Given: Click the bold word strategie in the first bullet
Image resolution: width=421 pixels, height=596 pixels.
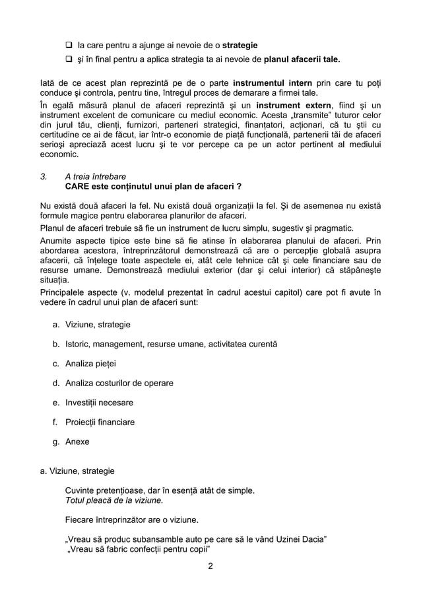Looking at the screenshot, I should (240, 46).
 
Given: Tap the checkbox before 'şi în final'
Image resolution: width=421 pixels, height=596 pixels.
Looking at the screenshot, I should (69, 60).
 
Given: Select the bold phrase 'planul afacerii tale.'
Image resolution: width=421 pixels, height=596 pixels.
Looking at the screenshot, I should (302, 60).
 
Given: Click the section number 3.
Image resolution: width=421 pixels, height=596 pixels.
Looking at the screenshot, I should (44, 177).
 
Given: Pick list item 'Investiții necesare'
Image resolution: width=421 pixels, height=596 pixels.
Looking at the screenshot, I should (99, 402).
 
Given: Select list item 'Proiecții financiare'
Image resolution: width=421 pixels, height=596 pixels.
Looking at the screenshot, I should (100, 422).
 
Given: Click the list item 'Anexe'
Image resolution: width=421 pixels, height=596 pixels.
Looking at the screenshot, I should (77, 442).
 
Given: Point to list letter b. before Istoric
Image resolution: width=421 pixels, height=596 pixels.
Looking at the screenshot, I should (56, 344).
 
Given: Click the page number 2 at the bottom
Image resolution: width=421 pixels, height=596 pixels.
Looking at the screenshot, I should (210, 566).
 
